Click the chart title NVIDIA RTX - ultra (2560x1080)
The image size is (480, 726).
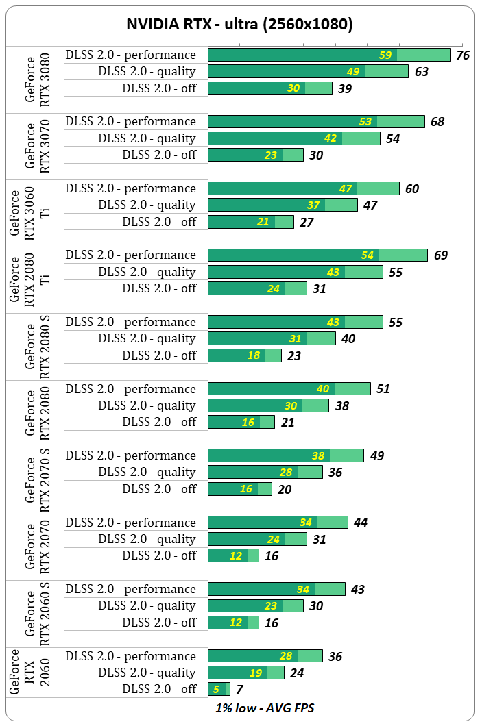pyautogui.click(x=239, y=25)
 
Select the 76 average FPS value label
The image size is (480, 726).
pyautogui.click(x=463, y=55)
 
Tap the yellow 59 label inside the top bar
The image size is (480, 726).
pyautogui.click(x=385, y=55)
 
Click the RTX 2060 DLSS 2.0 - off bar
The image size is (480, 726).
pyautogui.click(x=218, y=689)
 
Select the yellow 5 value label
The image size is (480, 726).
pyautogui.click(x=216, y=690)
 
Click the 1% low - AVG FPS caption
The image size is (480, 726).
pyautogui.click(x=265, y=708)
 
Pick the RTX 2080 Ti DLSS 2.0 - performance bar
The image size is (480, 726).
pyautogui.click(x=317, y=255)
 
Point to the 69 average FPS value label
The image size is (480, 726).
pyautogui.click(x=441, y=255)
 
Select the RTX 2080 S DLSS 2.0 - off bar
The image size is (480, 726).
pyautogui.click(x=244, y=355)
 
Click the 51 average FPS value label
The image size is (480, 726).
pyautogui.click(x=383, y=389)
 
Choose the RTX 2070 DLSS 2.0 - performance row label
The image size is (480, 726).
pyautogui.click(x=131, y=523)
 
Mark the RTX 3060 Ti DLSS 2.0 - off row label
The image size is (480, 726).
pyautogui.click(x=159, y=222)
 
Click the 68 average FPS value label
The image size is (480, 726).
pyautogui.click(x=437, y=122)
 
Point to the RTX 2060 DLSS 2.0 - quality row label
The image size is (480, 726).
pyautogui.click(x=147, y=673)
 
